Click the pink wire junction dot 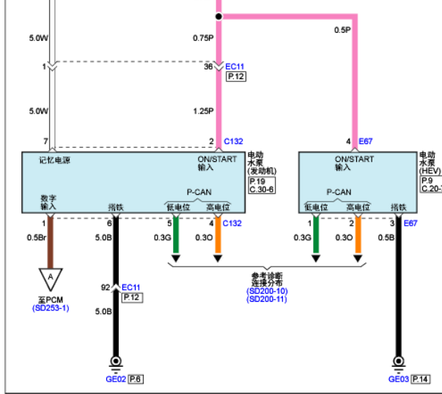[x=218, y=17]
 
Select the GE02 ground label [x=116, y=379]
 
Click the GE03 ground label [x=398, y=379]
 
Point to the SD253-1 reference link [x=51, y=308]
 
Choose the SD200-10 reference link [x=267, y=291]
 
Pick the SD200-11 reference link [x=267, y=299]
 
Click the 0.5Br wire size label [x=37, y=238]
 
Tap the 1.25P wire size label [x=203, y=111]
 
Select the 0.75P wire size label [x=203, y=38]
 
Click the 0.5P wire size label [x=342, y=30]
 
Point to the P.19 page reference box [x=257, y=182]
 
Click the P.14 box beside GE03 [x=420, y=379]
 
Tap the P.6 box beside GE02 [x=136, y=379]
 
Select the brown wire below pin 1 [x=51, y=243]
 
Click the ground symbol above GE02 [x=116, y=365]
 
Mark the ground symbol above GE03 [x=398, y=365]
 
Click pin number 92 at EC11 [x=106, y=287]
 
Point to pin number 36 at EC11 [x=208, y=67]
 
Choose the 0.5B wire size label [x=386, y=238]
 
